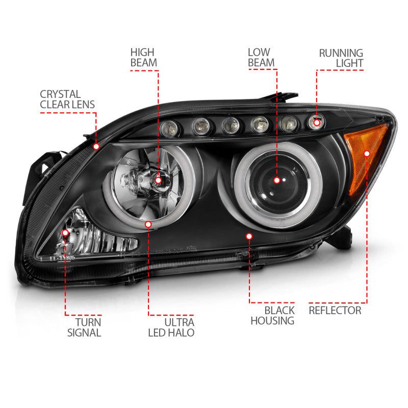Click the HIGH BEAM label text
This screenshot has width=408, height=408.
click(143, 57)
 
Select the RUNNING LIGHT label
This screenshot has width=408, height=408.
click(341, 58)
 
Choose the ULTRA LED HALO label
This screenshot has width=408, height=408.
click(171, 327)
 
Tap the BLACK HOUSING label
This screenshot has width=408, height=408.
click(272, 315)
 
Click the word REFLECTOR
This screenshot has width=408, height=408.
click(335, 310)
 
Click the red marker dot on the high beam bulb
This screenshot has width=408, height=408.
click(158, 180)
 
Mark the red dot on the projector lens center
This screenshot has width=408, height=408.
click(277, 180)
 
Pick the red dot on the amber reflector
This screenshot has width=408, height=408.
click(367, 152)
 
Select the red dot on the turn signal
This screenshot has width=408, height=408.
click(65, 233)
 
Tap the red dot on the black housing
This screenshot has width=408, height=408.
click(249, 236)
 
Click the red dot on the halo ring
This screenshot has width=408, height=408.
click(148, 224)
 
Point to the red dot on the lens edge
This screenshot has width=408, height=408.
click(96, 146)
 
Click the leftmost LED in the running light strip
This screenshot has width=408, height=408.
click(167, 129)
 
